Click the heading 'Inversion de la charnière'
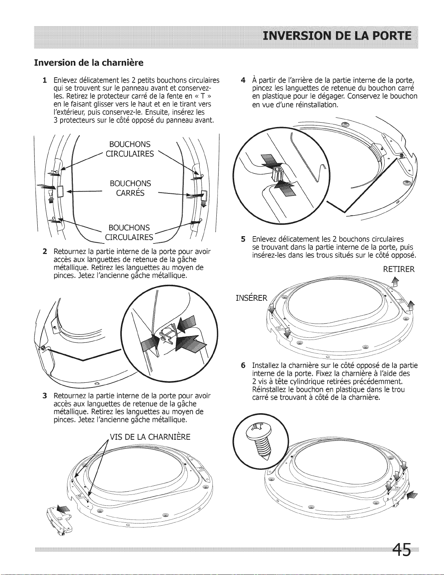(x=88, y=63)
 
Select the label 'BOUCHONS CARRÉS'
(x=130, y=188)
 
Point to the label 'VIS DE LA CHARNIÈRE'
(x=150, y=437)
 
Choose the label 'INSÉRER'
(x=251, y=298)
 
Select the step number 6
(x=244, y=365)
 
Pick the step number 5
(x=243, y=239)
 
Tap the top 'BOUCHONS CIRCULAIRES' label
(x=130, y=149)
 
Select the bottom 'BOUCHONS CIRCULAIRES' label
(x=129, y=233)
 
